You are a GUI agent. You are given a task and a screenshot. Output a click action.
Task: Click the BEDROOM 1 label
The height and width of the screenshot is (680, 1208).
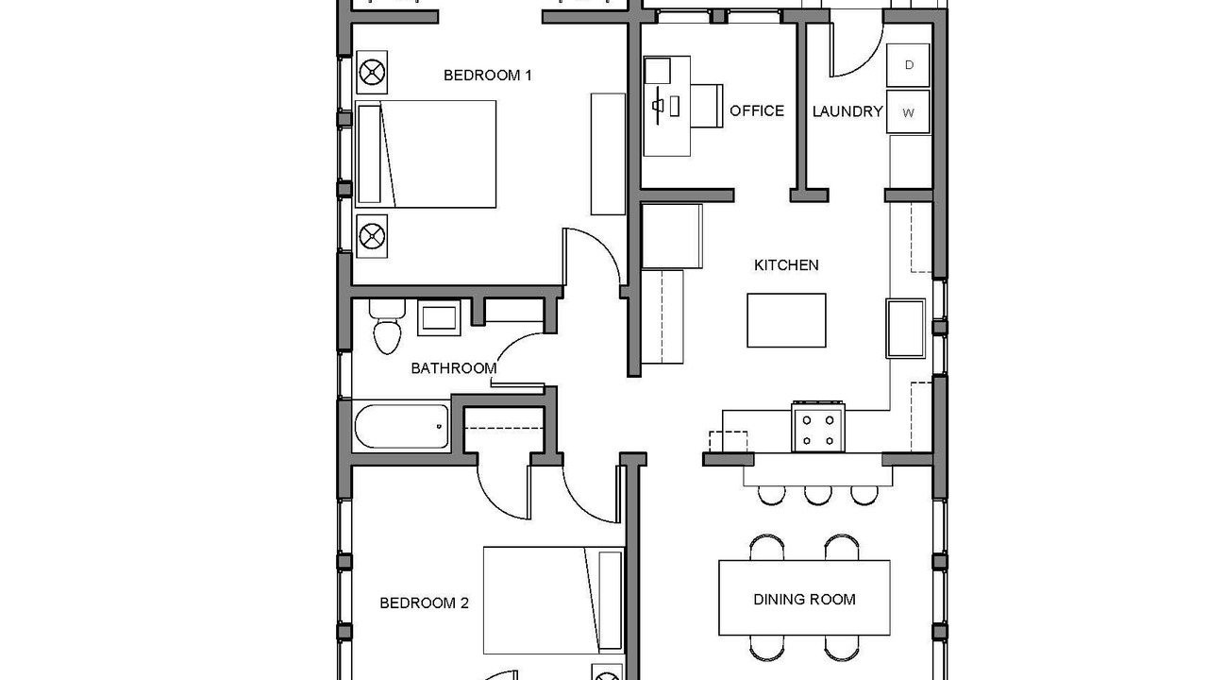coord(488,76)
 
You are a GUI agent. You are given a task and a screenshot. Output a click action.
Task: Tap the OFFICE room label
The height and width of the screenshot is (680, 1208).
coord(757,111)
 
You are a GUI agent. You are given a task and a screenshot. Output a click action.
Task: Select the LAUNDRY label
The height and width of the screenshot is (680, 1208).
coord(847,111)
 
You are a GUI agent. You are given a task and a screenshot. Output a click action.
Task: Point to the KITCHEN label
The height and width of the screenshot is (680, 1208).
coord(786,265)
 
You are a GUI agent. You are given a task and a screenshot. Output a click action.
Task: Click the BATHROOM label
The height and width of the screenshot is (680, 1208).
coord(454,368)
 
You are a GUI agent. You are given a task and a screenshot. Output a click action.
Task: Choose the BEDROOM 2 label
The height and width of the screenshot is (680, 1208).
coord(425,603)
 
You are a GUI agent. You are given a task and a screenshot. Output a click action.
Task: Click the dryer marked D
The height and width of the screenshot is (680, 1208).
coord(908,65)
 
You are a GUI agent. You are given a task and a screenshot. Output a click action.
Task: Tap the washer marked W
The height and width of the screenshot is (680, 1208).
coord(908,111)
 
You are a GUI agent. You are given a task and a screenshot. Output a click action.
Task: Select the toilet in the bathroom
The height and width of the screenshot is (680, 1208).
coord(387,327)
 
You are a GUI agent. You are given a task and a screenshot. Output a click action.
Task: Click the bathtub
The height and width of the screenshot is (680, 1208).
coord(401,426)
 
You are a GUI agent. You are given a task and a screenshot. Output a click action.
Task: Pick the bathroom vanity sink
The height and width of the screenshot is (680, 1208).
coord(439,318)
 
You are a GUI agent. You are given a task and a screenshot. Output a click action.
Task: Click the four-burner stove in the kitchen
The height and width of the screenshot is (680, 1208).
coord(818,427)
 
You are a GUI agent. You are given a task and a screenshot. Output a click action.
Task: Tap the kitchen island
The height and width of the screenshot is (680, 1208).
coord(786,320)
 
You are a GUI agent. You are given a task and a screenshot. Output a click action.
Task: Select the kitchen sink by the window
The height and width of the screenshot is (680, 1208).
coord(905,329)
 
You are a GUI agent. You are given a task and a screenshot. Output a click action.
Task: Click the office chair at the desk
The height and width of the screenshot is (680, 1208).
coord(707,106)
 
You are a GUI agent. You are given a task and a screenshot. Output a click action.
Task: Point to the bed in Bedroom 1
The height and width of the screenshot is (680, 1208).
coord(426,154)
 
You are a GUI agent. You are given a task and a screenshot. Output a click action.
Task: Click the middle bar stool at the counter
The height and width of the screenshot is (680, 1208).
coord(818,496)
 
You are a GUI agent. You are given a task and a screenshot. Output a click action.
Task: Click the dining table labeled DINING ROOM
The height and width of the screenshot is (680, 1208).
coord(804,598)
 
